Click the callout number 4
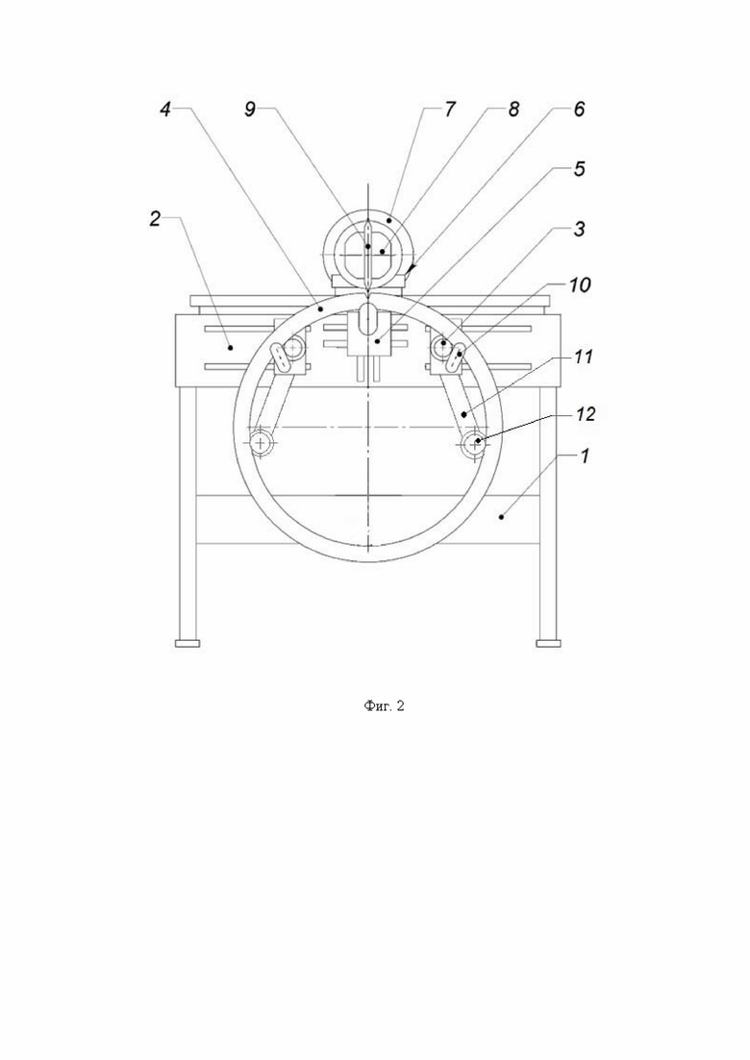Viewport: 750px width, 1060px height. (x=165, y=110)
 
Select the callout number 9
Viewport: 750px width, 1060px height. (x=250, y=110)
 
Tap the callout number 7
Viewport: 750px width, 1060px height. (x=450, y=110)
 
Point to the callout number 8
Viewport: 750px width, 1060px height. (x=514, y=110)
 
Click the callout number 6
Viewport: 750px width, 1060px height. (x=579, y=110)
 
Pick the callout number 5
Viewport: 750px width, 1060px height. (x=580, y=168)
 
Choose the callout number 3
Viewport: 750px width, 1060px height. (x=580, y=229)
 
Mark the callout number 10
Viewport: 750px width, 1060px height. (x=580, y=285)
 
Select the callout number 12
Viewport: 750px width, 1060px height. (x=586, y=414)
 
